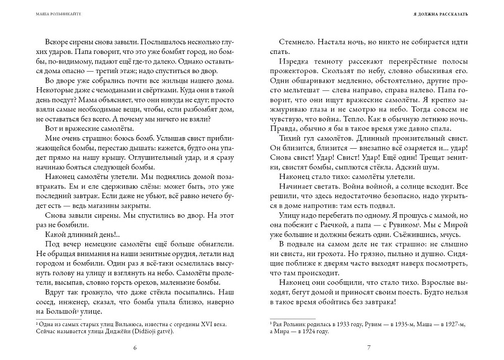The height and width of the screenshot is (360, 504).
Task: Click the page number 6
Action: (135, 347)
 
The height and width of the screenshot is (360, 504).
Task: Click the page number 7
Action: (369, 347)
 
